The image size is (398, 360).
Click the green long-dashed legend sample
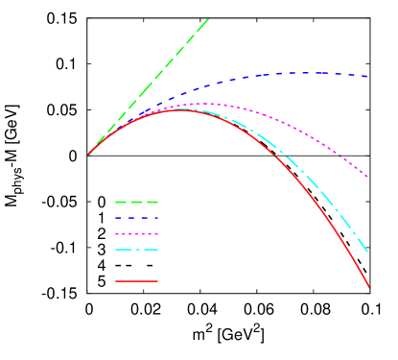click(x=136, y=203)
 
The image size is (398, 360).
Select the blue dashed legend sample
click(x=136, y=218)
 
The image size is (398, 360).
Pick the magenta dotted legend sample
click(x=136, y=234)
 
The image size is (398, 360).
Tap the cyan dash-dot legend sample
click(x=136, y=250)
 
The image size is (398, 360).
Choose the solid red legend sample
click(x=136, y=281)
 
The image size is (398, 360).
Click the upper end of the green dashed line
click(x=208, y=18)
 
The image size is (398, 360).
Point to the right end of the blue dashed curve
click(x=368, y=76)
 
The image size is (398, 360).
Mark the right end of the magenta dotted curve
click(x=368, y=178)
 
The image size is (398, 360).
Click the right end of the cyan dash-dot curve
click(x=368, y=252)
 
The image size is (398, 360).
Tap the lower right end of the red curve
click(x=369, y=287)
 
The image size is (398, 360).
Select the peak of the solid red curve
click(x=180, y=110)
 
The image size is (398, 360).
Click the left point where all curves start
click(x=88, y=155)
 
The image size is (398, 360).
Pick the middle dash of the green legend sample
click(x=136, y=203)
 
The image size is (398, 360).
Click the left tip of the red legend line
click(x=116, y=281)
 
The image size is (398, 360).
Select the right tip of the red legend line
click(x=157, y=281)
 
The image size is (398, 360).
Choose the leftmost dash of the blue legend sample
click(x=118, y=218)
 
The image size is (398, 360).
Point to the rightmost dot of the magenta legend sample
click(x=155, y=234)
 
